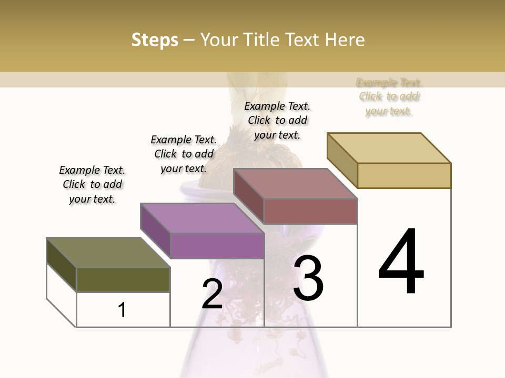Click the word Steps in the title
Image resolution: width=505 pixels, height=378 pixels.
(x=155, y=40)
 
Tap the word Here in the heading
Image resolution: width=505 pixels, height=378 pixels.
(x=345, y=40)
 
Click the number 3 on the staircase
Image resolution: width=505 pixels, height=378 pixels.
(x=308, y=278)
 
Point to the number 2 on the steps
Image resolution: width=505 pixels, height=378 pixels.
(x=212, y=294)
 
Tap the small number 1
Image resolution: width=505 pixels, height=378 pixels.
(x=122, y=310)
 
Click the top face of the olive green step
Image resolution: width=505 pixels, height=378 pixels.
(x=108, y=253)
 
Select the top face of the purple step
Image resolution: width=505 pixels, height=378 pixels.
(x=202, y=218)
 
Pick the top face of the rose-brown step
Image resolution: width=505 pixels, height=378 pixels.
(x=296, y=184)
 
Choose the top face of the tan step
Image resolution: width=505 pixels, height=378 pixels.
(x=389, y=148)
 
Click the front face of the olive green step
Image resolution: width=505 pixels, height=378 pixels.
(x=123, y=280)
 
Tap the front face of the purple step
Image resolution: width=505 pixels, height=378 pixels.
(x=217, y=246)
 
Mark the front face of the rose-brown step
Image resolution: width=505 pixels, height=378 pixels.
(x=310, y=211)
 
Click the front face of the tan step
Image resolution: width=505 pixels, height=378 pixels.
(x=404, y=175)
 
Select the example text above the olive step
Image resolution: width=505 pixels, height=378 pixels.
(x=92, y=184)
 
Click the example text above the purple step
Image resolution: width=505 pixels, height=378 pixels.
(x=184, y=154)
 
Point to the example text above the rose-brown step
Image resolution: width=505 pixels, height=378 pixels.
(x=277, y=120)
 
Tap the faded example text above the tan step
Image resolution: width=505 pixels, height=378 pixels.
(x=389, y=97)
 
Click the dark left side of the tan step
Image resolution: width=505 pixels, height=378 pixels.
(x=342, y=160)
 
